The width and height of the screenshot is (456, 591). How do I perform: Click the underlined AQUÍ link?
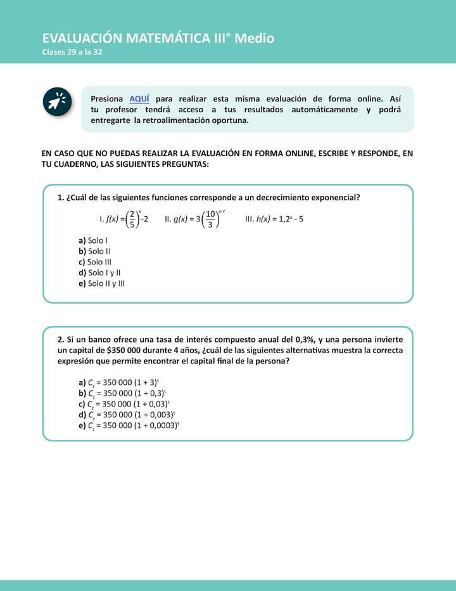click(x=139, y=99)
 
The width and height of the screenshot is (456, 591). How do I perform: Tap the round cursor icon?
click(x=57, y=101)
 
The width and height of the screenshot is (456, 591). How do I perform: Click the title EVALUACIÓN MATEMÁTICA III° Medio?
click(x=158, y=38)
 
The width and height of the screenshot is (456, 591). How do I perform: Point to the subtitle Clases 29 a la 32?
click(x=72, y=52)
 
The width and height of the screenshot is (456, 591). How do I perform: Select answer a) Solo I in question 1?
click(x=93, y=240)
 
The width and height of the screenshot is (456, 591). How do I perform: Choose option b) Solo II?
click(x=94, y=251)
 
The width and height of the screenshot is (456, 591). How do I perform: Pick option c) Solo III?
click(x=95, y=262)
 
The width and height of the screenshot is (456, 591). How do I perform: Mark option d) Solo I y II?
click(x=99, y=273)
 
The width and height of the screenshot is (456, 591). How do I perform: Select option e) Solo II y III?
click(x=101, y=283)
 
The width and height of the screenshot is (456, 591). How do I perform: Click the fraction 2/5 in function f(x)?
click(x=131, y=219)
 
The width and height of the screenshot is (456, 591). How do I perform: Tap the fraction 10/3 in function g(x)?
click(x=210, y=219)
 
